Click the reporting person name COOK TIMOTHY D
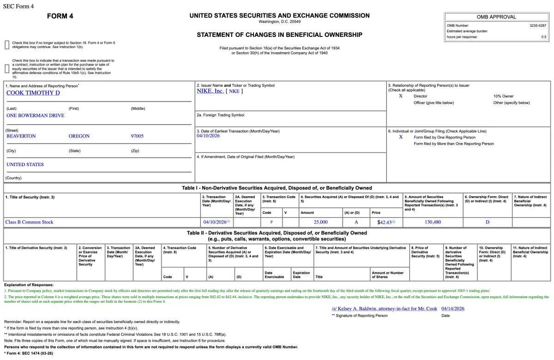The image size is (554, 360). point(33,93)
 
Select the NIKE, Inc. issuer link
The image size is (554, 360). point(210,91)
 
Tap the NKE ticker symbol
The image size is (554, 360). point(234,91)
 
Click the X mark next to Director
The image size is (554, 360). point(401,96)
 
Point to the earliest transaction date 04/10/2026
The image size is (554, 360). point(208,136)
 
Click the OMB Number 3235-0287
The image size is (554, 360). point(537,25)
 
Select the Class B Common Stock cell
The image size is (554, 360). point(29,222)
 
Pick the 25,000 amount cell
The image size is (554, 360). point(320,222)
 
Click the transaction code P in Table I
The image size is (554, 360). point(271,222)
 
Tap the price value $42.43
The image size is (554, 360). point(385,222)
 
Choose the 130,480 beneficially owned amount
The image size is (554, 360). point(433,222)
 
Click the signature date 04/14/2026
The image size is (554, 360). point(452,308)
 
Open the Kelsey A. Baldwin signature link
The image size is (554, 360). point(384,308)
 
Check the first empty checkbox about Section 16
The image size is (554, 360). point(7,45)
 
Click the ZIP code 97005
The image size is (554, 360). point(137,136)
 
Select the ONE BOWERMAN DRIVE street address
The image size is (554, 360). point(36,115)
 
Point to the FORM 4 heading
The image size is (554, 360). point(60,16)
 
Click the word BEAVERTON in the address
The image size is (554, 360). point(21,136)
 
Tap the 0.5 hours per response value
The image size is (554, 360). point(543,37)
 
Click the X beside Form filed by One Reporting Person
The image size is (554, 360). point(401,137)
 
